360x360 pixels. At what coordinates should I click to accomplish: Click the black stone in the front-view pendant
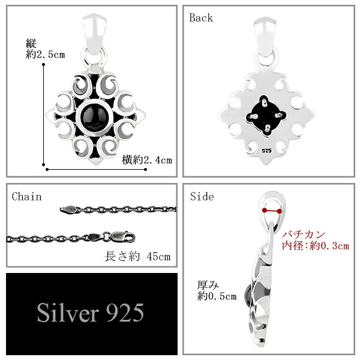point(94,117)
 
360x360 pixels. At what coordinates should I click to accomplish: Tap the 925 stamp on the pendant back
point(266,151)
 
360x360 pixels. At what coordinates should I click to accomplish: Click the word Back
point(201,18)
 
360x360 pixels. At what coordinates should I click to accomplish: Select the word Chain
point(26,197)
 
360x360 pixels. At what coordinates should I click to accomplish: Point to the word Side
point(202,197)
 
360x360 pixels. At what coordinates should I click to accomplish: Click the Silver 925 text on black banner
point(91,313)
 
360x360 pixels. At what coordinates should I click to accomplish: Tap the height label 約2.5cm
point(45,55)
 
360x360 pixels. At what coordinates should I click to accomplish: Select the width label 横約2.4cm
point(147,160)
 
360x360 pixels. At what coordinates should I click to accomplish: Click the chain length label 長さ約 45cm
point(138,256)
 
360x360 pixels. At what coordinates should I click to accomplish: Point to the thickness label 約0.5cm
point(217,296)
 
